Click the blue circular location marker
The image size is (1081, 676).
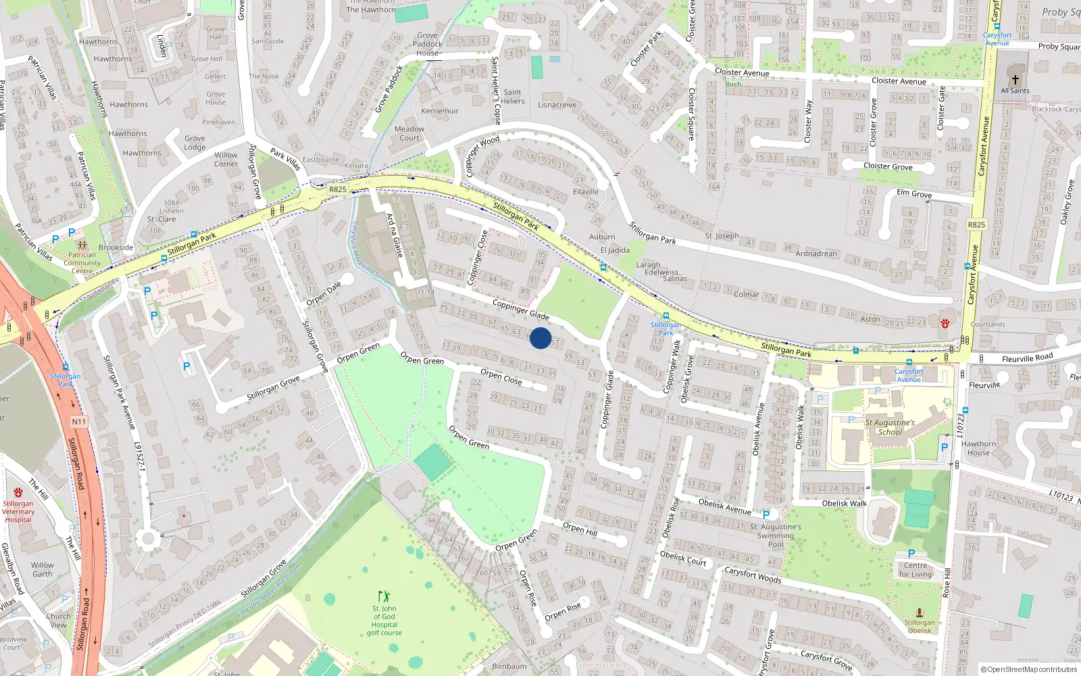coord(540,338)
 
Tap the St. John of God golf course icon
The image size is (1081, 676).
coord(384,596)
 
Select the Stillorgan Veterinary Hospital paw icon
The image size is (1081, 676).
coord(18,493)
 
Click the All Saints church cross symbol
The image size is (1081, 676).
coord(1015,79)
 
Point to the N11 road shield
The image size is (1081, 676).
coord(78,422)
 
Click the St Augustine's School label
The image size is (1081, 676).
coord(890,427)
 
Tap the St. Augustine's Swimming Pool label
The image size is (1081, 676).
coord(776,535)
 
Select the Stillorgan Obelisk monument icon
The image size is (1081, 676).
coord(919,612)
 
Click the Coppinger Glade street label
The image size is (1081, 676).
coord(520,310)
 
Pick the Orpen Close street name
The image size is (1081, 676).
coord(501,377)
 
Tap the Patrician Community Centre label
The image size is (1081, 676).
coord(82,263)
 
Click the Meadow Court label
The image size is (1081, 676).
coord(409,133)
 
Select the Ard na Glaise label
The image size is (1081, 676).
coord(395,235)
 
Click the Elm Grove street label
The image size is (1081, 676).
coord(913,193)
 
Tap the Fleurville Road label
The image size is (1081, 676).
coord(1027,358)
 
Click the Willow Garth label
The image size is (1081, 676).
coord(42,569)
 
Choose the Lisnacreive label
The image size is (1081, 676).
coord(557,105)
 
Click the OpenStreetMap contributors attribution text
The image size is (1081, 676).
coord(1028,669)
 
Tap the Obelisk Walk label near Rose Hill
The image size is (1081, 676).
coord(844,503)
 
